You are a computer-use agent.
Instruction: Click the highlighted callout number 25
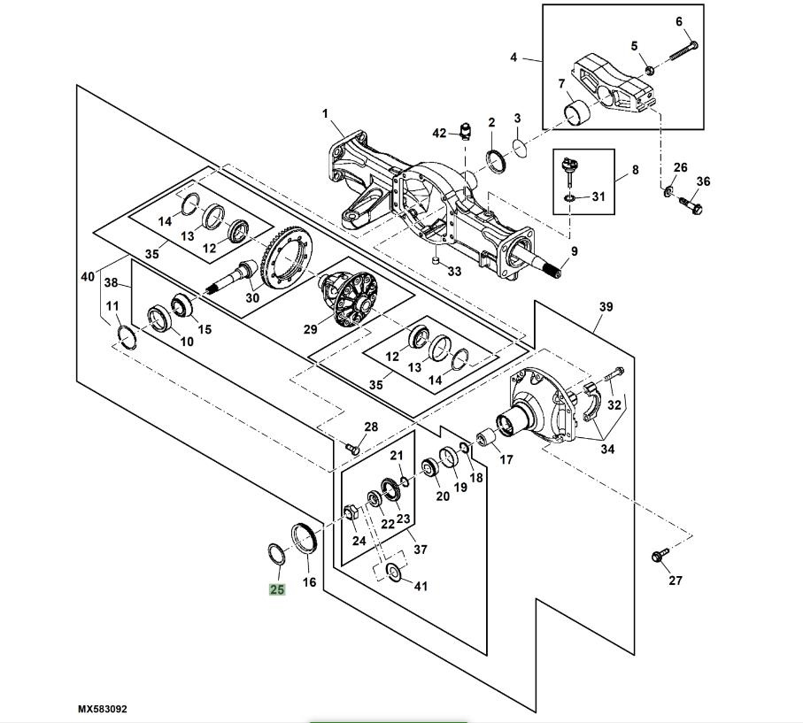pos(277,588)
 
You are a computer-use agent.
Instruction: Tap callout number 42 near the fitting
pos(439,133)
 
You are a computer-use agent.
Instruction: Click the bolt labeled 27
pos(658,557)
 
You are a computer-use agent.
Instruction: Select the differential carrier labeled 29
pos(351,296)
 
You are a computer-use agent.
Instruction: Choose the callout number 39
pos(606,307)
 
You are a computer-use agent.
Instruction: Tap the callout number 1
pos(325,113)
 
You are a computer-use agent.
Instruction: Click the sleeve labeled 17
pos(486,438)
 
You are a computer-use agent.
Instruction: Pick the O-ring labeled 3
pos(521,145)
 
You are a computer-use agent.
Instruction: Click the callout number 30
pos(252,298)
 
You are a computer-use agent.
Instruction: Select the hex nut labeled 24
pos(350,512)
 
